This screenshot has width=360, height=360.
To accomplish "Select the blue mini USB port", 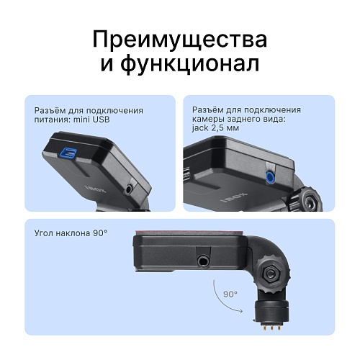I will (70, 153).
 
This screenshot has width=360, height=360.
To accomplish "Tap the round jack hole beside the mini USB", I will (129, 189).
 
